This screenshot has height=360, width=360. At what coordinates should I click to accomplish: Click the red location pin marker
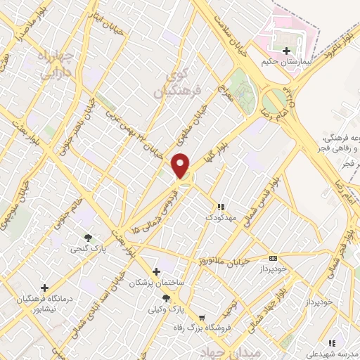[181, 165]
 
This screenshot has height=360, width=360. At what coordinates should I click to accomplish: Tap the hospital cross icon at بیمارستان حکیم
[286, 51]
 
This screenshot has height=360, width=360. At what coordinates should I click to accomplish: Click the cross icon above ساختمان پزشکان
[156, 271]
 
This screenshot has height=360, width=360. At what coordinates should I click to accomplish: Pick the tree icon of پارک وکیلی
[166, 298]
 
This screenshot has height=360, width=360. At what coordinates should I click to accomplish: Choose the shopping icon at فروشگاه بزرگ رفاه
[202, 318]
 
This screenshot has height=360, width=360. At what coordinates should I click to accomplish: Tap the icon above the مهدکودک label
[221, 207]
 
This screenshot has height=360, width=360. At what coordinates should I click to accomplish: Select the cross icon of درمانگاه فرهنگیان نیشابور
[45, 288]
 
